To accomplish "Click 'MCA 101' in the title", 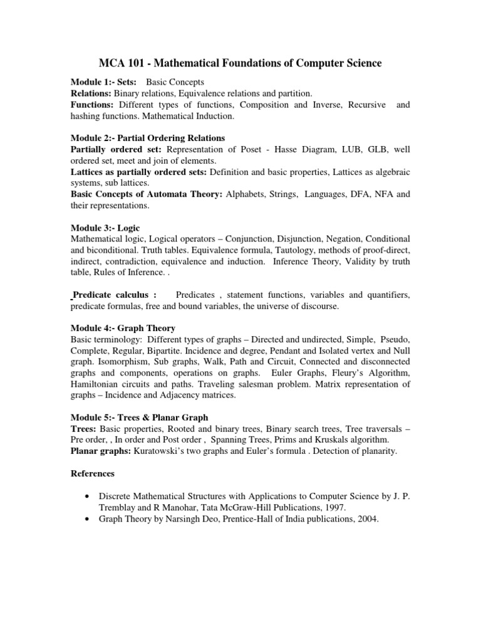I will coord(120,63).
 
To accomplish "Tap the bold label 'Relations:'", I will coord(90,94).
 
